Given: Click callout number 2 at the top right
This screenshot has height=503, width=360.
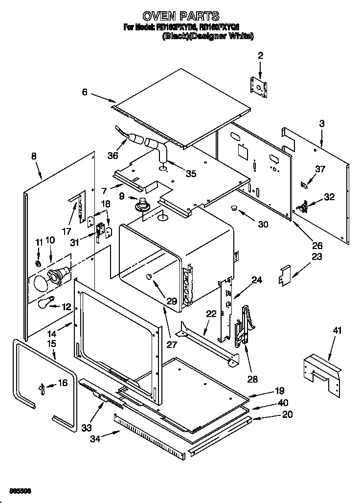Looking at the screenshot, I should pos(260,56).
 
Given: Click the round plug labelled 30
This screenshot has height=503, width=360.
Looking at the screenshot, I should pos(234,208).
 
